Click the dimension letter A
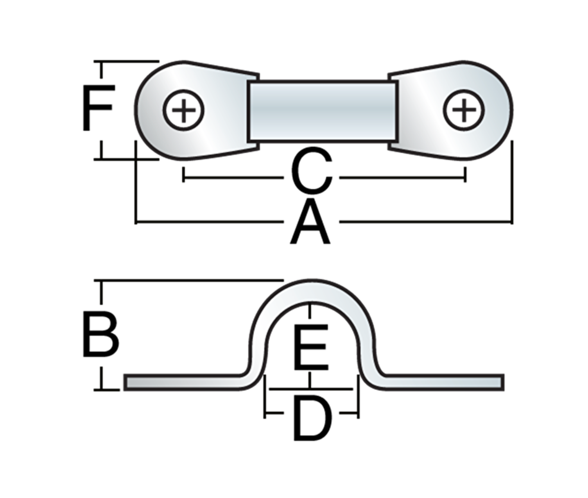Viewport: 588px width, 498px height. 310,223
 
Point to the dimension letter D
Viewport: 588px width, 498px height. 312,419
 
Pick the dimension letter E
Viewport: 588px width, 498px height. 311,346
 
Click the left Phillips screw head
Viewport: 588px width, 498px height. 183,110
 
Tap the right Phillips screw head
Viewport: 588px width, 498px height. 464,110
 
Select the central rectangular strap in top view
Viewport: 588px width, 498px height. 323,111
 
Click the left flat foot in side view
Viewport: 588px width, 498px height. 184,382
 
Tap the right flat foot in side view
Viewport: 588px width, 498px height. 442,382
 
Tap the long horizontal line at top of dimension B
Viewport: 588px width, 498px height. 188,281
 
